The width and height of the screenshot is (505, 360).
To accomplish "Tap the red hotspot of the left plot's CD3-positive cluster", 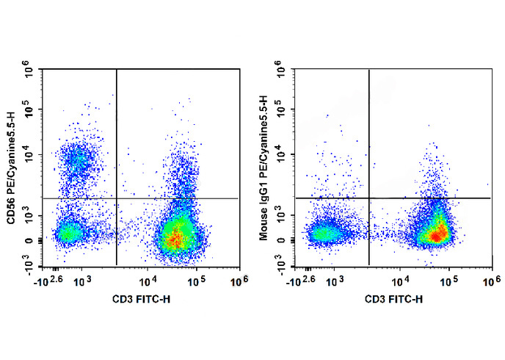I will pos(174,237).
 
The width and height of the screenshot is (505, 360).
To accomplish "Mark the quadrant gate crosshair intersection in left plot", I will pos(117,198).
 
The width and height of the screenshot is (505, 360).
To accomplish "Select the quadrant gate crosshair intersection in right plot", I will pos(368,198).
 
